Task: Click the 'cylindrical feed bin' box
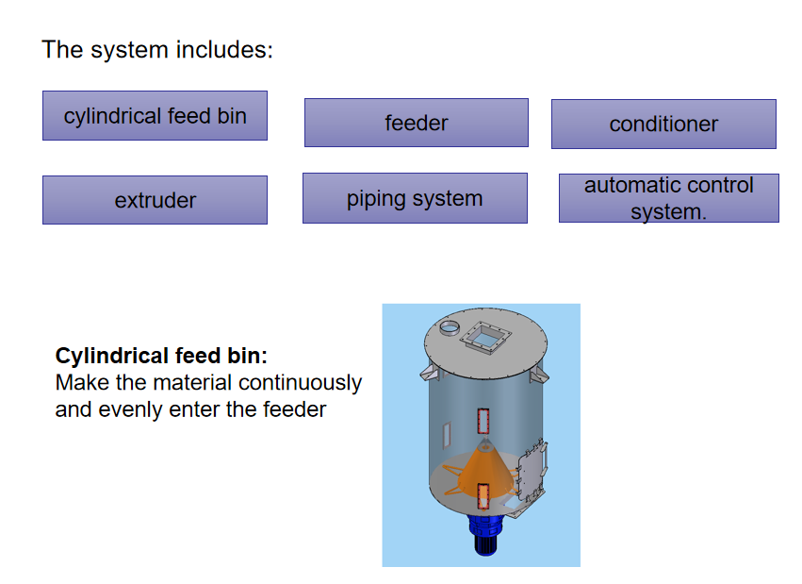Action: point(155,116)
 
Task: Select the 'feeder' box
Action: point(416,123)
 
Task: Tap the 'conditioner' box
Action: point(663,124)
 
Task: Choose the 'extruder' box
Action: point(155,200)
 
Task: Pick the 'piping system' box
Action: point(415,198)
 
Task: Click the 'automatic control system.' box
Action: point(668,198)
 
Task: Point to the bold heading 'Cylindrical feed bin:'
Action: point(161,357)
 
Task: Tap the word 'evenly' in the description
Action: point(128,409)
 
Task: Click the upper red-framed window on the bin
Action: point(484,421)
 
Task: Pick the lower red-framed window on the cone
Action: point(483,495)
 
